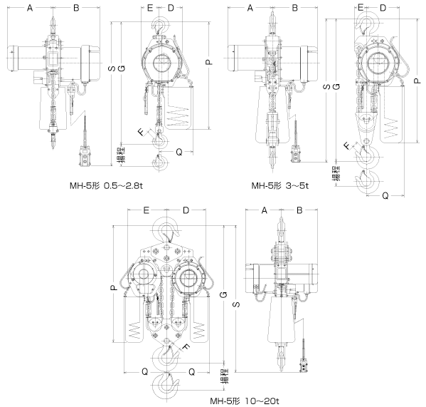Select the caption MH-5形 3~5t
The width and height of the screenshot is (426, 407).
pos(282,187)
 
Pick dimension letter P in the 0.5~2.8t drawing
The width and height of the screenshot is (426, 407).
pos(208,62)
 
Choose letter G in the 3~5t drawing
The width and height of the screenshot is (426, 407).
pos(335,86)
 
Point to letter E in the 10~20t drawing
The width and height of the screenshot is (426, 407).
pos(145,210)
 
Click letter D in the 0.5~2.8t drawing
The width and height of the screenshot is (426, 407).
pos(171,8)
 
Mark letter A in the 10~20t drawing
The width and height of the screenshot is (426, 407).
pos(263,210)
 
